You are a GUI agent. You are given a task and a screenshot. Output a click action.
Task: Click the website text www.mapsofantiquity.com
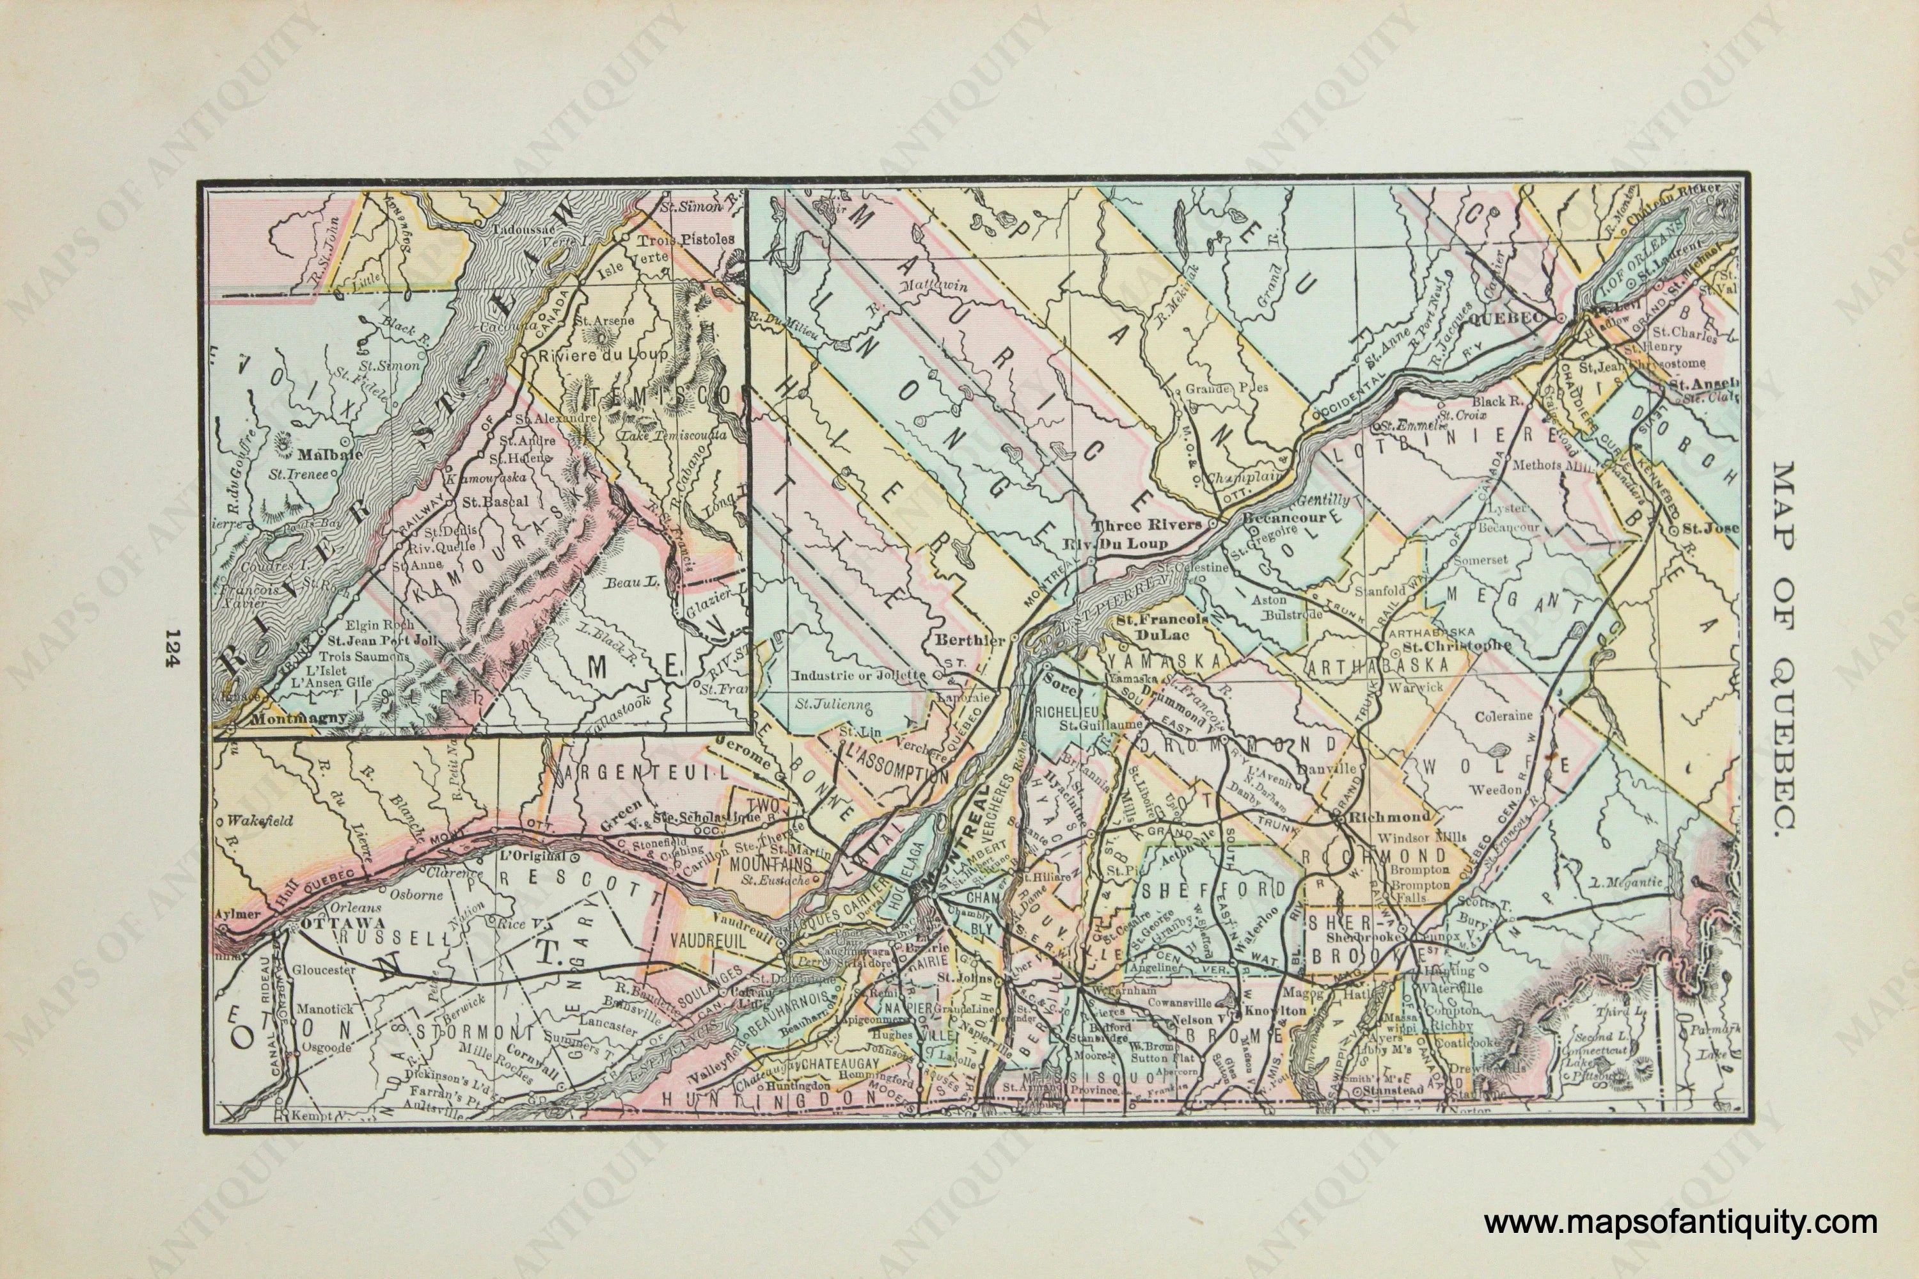1680,1223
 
